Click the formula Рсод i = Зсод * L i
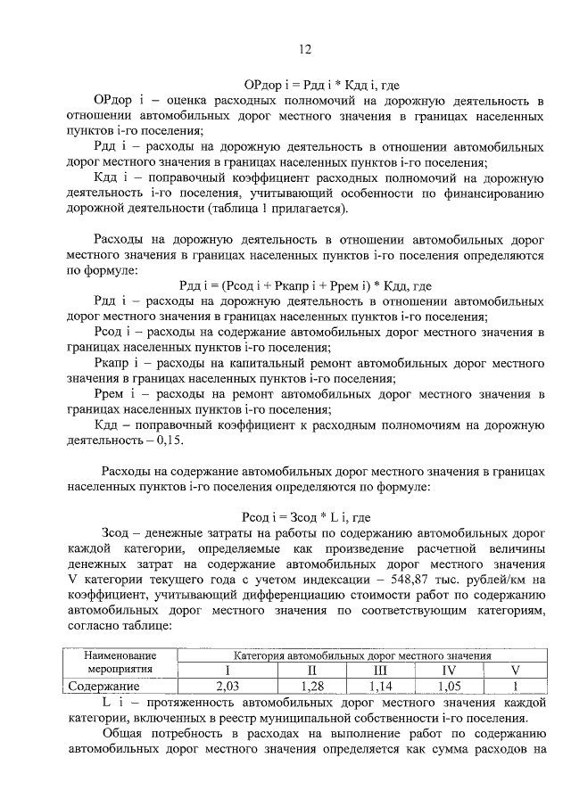[x=305, y=517]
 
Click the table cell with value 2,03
[x=228, y=686]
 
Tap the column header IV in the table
[x=450, y=670]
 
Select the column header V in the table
[x=514, y=670]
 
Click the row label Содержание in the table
[x=105, y=686]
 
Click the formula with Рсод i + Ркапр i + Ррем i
[x=305, y=285]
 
